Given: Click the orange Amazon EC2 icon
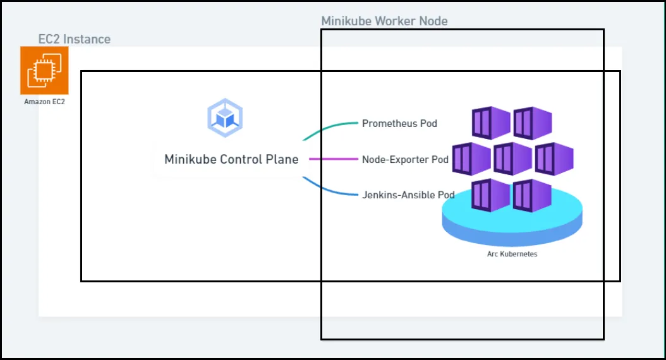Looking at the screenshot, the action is (x=44, y=71).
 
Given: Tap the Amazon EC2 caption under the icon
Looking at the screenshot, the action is (x=45, y=102).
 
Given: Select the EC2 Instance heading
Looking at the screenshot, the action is (x=75, y=39).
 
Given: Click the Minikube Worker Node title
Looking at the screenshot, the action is (x=384, y=21).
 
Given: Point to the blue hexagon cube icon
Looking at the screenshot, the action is (x=225, y=117).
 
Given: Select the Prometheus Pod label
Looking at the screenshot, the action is (x=399, y=124).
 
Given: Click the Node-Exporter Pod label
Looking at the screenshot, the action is (x=405, y=160).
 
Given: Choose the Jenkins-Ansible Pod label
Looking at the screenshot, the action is (x=408, y=195).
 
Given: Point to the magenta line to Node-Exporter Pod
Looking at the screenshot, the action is (x=334, y=159).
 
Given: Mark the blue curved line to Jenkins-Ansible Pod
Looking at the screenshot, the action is (x=328, y=189).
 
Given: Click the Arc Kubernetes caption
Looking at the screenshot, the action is (x=512, y=254).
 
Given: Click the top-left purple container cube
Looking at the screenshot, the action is (x=491, y=123).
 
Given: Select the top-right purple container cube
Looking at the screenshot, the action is (x=532, y=123).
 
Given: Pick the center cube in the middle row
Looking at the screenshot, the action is (x=512, y=159).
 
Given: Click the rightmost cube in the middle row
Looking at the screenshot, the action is (x=554, y=159).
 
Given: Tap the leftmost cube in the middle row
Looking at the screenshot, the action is (x=471, y=159).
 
